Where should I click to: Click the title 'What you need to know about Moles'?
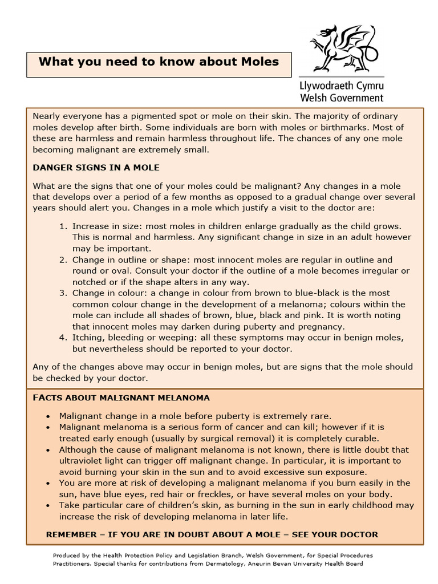click(159, 62)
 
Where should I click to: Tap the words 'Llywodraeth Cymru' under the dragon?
click(342, 86)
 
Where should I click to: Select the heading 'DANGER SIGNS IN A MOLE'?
click(96, 168)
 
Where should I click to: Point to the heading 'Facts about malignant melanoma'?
click(121, 398)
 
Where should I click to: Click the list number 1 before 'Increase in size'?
click(63, 226)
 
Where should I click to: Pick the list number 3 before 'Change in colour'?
click(63, 293)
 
